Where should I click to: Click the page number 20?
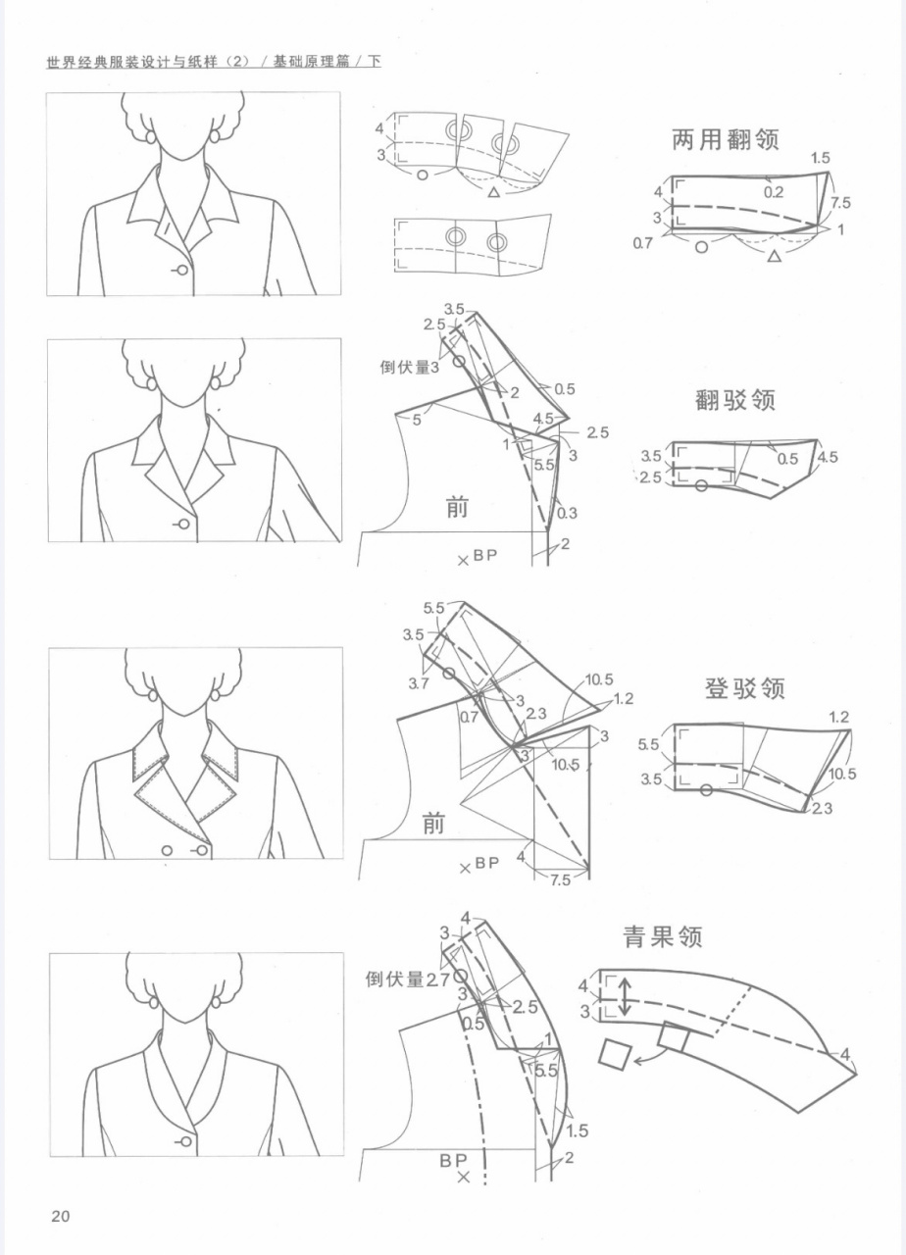coord(60,1217)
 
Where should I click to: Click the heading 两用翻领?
coord(725,139)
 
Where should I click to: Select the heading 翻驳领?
coord(736,401)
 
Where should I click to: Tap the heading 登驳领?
coord(744,688)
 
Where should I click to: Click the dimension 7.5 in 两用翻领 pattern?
coord(839,204)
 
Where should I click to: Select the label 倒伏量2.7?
coord(407,979)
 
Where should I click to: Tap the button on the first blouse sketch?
coord(181,270)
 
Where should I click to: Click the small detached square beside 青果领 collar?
coord(614,1055)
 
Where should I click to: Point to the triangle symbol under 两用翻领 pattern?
coord(774,256)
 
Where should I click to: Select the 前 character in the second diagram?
coord(456,507)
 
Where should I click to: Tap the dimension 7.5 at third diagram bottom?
coord(560,880)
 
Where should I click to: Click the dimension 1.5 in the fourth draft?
coord(577,1131)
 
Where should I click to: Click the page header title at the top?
coord(214,62)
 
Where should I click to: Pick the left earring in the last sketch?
coord(153,1004)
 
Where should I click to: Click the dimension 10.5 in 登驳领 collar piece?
coord(842,774)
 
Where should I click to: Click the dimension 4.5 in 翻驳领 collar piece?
coord(827,458)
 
